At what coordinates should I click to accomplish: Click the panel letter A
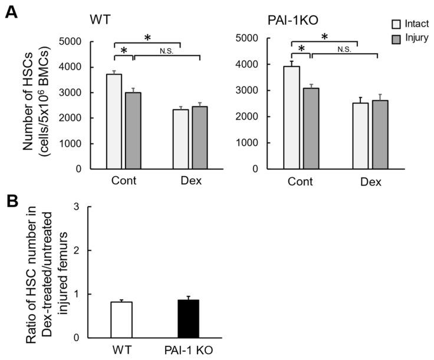[10, 11]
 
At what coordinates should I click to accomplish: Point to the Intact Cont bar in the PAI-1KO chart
[292, 117]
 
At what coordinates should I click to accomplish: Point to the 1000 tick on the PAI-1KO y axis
[251, 143]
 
